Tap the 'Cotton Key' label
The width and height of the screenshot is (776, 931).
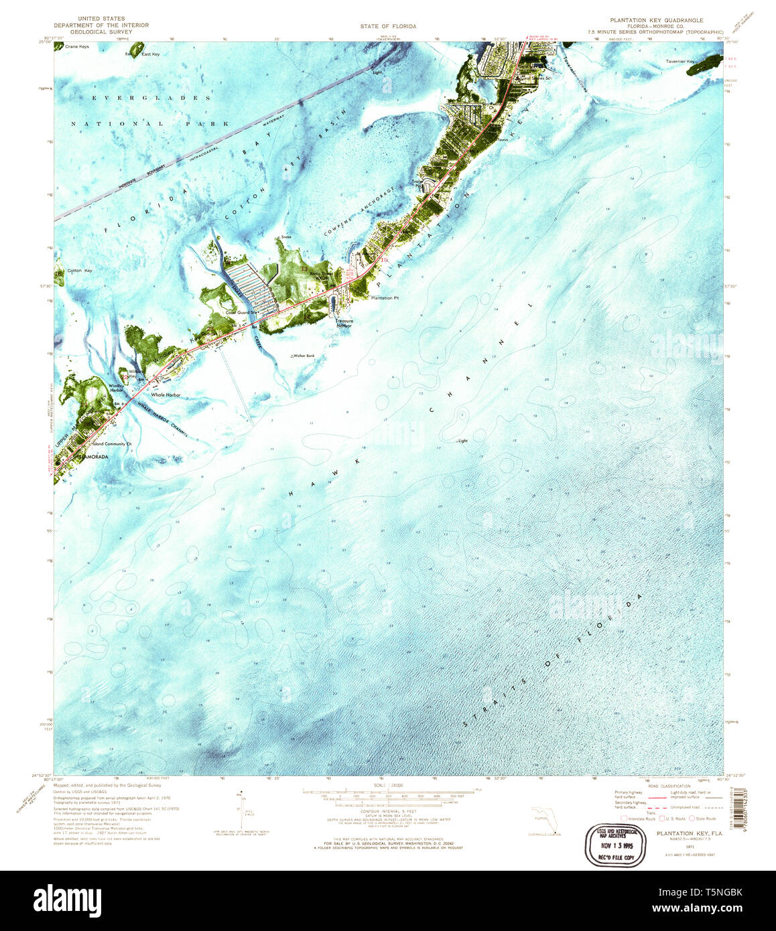pyautogui.click(x=79, y=271)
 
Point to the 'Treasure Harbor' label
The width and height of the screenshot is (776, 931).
pyautogui.click(x=344, y=324)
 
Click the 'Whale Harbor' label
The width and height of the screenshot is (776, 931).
pyautogui.click(x=166, y=395)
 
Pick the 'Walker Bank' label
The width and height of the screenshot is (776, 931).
pyautogui.click(x=302, y=356)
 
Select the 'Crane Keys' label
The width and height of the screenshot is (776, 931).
pyautogui.click(x=77, y=47)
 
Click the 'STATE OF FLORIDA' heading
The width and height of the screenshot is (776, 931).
pyautogui.click(x=388, y=26)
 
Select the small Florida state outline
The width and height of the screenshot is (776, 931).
pyautogui.click(x=539, y=821)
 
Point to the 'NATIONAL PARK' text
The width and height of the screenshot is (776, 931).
pyautogui.click(x=151, y=124)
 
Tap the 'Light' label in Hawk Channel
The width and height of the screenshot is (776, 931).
pyautogui.click(x=462, y=441)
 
